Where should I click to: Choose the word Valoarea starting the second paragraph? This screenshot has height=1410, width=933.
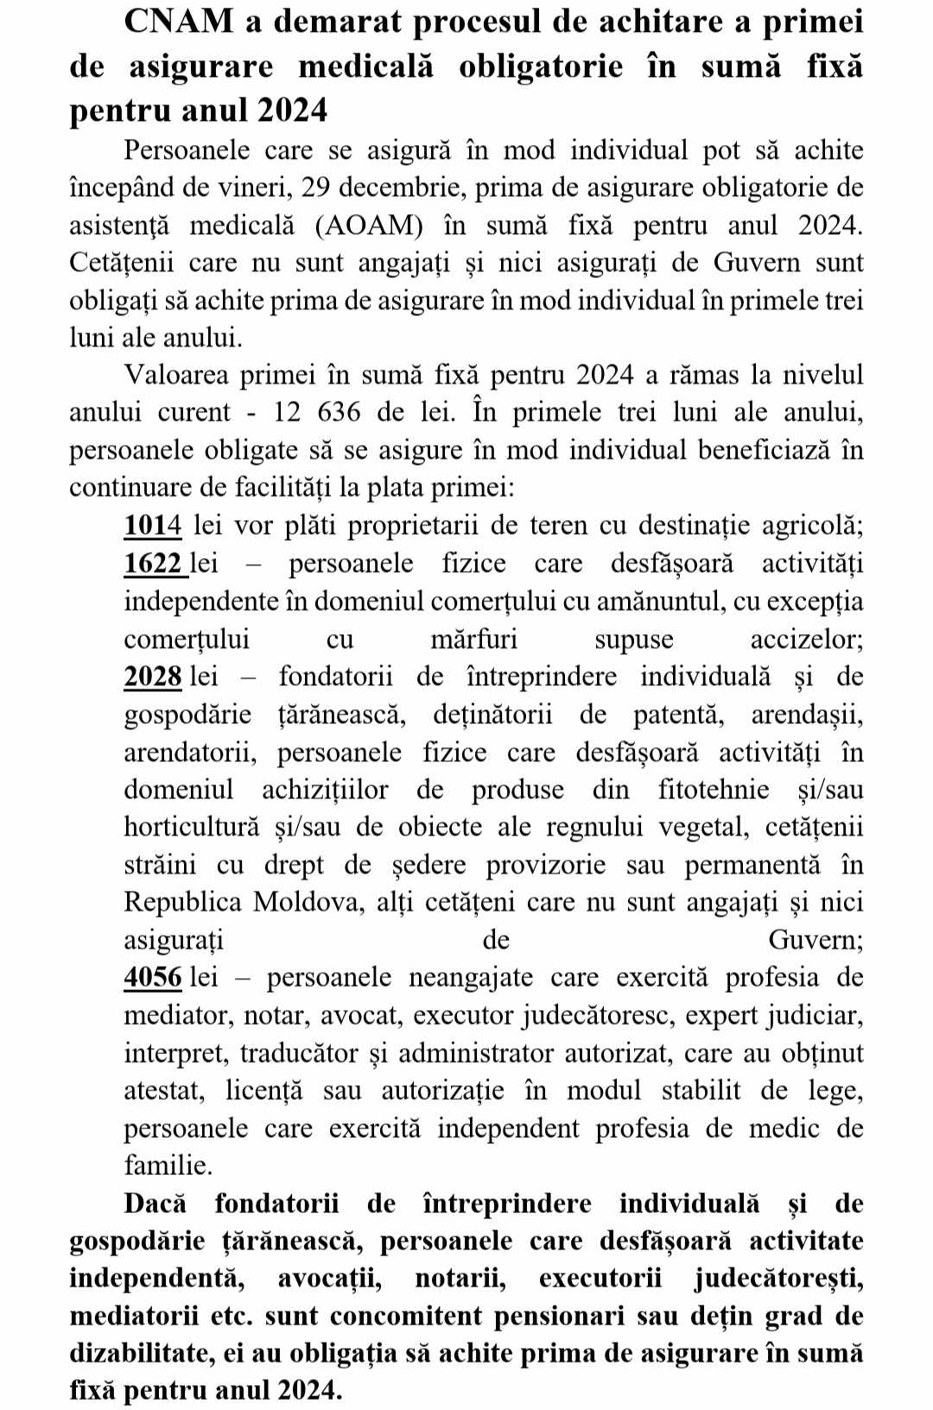tap(177, 375)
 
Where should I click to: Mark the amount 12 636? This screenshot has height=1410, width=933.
tap(317, 412)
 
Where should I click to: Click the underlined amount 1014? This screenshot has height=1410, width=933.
tap(153, 525)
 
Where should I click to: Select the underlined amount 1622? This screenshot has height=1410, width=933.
tap(154, 563)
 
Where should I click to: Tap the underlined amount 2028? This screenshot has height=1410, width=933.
tap(153, 676)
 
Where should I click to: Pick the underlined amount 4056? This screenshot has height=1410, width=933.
tap(153, 977)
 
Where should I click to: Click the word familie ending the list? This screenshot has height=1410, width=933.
tap(168, 1165)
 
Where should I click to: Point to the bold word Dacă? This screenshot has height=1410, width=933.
tap(160, 1204)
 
